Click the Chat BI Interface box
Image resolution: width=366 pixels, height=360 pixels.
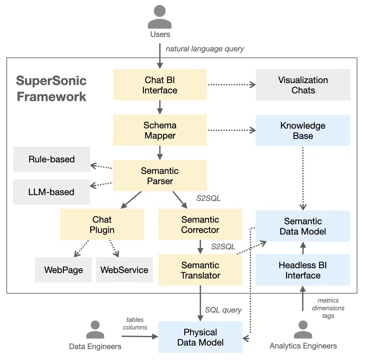click(160, 85)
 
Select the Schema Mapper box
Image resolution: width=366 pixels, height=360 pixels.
click(160, 130)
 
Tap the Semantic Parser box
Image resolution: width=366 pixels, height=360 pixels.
click(160, 176)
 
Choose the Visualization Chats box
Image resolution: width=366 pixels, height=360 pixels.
click(303, 85)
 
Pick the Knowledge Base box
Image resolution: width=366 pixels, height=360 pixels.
click(303, 130)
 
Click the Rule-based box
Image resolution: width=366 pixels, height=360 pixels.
click(51, 159)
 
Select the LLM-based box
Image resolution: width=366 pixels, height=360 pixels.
click(51, 192)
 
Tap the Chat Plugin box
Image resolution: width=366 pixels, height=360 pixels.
click(102, 224)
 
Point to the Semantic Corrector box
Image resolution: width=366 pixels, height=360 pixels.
click(200, 224)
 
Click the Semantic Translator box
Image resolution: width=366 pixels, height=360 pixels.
click(200, 270)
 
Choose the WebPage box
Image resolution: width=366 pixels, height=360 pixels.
click(63, 270)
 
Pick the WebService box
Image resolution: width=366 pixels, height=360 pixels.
click(124, 270)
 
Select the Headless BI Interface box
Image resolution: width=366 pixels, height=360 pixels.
click(303, 270)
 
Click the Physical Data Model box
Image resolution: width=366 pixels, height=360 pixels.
click(200, 337)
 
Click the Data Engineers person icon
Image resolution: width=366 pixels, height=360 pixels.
click(95, 330)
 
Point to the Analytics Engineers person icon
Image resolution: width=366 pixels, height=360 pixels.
click(303, 330)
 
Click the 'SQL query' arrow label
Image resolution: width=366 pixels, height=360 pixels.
click(223, 310)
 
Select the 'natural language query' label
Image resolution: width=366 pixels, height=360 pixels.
click(205, 49)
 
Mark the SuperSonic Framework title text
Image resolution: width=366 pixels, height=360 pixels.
click(51, 89)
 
